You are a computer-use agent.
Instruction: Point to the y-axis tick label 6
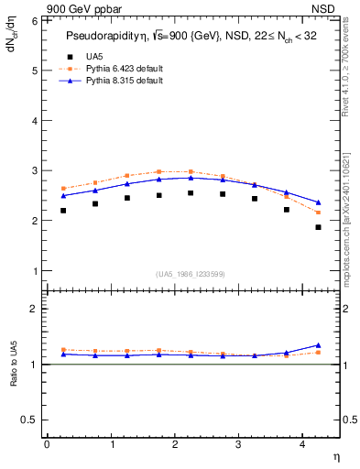[34, 20]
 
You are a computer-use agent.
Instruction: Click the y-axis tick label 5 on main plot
[34, 71]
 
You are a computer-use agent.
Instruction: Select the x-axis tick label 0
[47, 444]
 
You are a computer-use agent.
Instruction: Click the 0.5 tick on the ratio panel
[29, 420]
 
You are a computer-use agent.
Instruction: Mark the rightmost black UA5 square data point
[319, 227]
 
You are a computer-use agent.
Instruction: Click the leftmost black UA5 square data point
[63, 211]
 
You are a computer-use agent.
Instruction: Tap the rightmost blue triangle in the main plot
[319, 202]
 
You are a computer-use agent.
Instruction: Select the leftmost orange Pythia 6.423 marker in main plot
[63, 188]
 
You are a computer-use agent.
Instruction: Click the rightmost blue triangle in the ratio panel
[319, 345]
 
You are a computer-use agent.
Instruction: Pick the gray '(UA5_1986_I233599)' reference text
[191, 274]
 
